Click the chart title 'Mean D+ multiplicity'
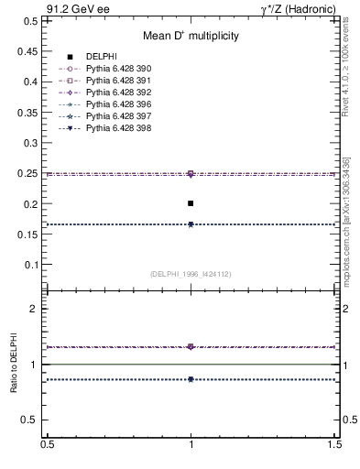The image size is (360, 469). coord(191,37)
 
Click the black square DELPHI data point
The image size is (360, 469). coord(191,203)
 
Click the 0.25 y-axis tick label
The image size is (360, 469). coord(27,173)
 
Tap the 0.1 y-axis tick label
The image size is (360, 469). coord(29,265)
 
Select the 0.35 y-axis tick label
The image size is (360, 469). coord(27,112)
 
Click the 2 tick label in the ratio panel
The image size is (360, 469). coord(34,309)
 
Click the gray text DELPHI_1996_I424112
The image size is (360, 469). coord(191,274)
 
